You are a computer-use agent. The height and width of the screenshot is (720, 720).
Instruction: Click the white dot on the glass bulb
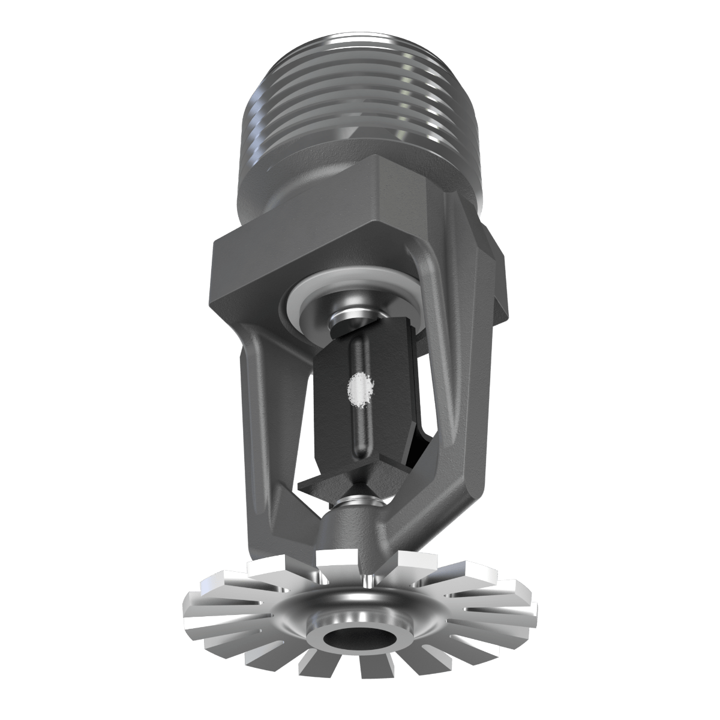(358, 388)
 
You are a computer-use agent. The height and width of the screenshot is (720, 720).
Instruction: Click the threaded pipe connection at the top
(360, 96)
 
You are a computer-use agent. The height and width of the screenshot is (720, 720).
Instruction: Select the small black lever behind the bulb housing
(420, 444)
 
